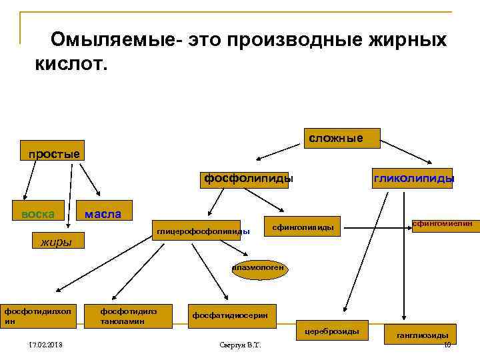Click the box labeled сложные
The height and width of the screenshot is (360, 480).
click(x=341, y=138)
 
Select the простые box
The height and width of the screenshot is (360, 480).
click(x=53, y=154)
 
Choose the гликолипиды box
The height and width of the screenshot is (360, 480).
click(x=413, y=178)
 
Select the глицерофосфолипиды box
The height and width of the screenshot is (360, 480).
click(x=203, y=231)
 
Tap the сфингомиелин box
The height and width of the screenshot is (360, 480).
click(x=442, y=225)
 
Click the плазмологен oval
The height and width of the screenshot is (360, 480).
click(x=259, y=269)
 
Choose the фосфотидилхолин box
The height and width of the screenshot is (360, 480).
click(x=41, y=315)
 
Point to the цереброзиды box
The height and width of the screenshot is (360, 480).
click(x=332, y=331)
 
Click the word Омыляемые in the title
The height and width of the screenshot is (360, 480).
click(x=115, y=39)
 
